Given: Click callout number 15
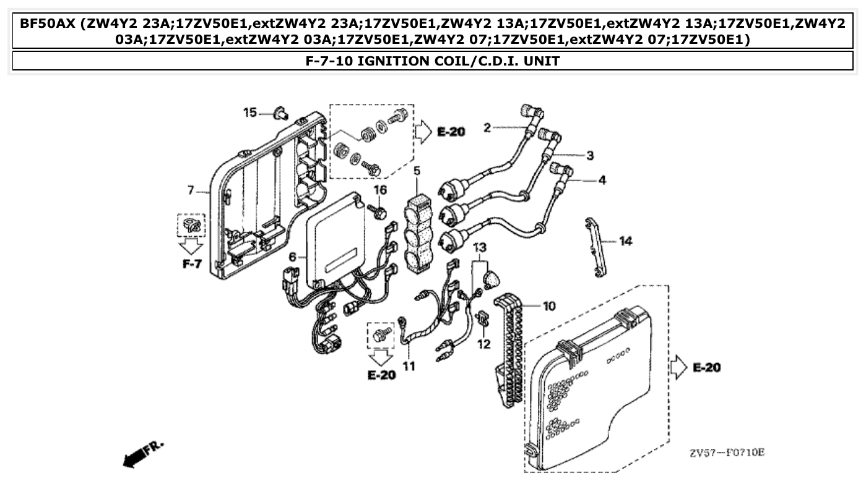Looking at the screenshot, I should coord(249,113).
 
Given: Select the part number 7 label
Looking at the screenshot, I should coord(191,189).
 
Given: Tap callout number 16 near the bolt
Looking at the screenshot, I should coord(379,189).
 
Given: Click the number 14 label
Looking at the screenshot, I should coord(625,240).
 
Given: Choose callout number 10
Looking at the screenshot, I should coord(549,305).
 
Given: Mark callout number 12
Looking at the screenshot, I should coord(483,343).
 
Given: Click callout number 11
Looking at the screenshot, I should coord(409,366).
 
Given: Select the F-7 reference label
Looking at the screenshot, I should coord(192,264).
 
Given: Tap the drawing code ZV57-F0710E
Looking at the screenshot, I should coord(727,453).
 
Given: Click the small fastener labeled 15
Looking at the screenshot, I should coord(282,113).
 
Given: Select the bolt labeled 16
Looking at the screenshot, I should coord(379,211).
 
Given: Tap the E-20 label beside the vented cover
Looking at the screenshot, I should coord(706,367).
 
